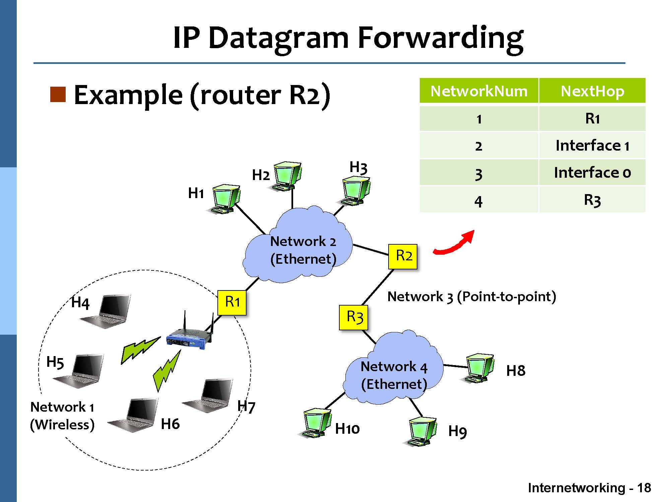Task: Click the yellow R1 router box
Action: point(232,303)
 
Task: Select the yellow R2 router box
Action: point(403,256)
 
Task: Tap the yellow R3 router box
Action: point(353,317)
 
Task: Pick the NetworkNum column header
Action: point(479,91)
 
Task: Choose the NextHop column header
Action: point(592,91)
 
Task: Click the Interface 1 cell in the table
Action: point(592,146)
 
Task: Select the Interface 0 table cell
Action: point(592,173)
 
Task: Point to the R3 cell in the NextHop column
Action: point(592,200)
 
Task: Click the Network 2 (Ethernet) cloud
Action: point(298,248)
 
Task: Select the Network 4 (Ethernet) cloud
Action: point(394,371)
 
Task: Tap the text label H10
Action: point(347,429)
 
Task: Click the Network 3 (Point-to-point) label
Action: point(471,297)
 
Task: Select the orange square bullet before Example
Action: point(58,94)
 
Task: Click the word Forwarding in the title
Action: point(440,37)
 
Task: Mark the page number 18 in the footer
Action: point(644,488)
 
